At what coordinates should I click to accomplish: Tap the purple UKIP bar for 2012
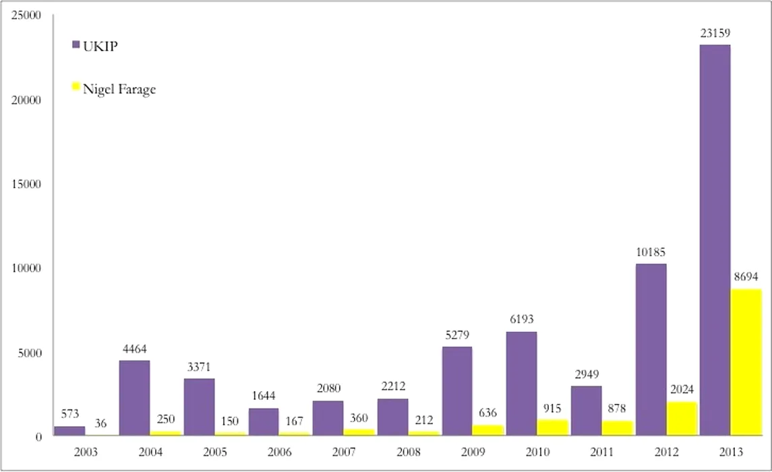pyautogui.click(x=651, y=350)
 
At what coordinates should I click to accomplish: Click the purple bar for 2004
pyautogui.click(x=134, y=398)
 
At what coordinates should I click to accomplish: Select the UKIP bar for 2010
pyautogui.click(x=521, y=384)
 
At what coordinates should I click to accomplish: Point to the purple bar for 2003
pyautogui.click(x=69, y=431)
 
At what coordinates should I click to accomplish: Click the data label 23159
pyautogui.click(x=715, y=32)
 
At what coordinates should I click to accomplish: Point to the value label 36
pyautogui.click(x=100, y=423)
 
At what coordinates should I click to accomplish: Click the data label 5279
pyautogui.click(x=457, y=334)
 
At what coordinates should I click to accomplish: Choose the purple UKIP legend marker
pyautogui.click(x=76, y=45)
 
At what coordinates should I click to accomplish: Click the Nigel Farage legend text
pyautogui.click(x=119, y=89)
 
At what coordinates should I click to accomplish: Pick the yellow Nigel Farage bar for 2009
pyautogui.click(x=487, y=430)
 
